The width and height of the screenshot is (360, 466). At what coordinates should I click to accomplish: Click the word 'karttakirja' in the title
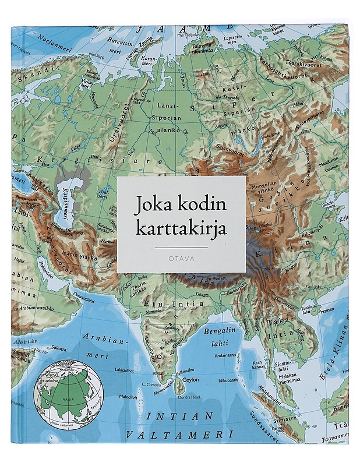pos(181,226)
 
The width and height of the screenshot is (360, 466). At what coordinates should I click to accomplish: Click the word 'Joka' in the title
pos(156,205)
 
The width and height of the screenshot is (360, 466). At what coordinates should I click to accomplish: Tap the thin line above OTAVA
pos(181,247)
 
